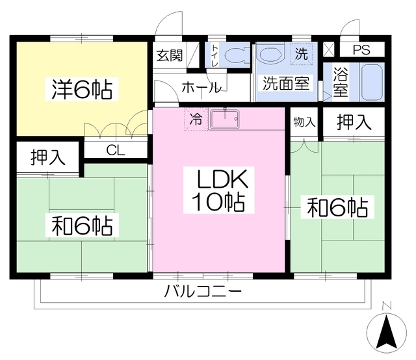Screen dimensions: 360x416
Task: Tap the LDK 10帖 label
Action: coord(218,190)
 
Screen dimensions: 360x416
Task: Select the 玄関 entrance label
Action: coord(169,55)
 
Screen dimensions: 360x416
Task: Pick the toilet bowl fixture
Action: coord(237,56)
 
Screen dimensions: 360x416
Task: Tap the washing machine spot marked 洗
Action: coord(301,54)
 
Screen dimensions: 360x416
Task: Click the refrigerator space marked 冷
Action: coord(195,119)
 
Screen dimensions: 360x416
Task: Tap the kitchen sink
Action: coord(224,120)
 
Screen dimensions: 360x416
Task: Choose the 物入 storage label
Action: coord(304,122)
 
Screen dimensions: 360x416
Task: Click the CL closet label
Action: coord(116,150)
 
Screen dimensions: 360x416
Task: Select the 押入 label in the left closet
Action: coord(47,158)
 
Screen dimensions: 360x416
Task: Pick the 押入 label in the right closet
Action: coord(354,122)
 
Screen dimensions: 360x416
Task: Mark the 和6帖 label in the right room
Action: coord(337,208)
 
